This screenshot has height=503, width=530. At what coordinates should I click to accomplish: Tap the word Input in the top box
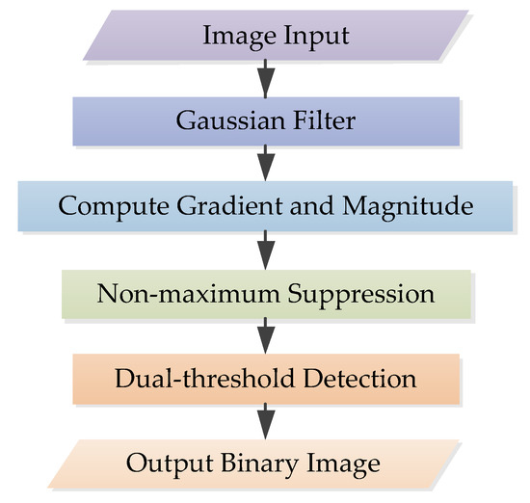click(x=305, y=37)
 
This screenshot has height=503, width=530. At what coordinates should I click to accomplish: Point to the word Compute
click(x=108, y=206)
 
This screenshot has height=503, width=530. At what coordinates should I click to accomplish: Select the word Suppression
click(x=354, y=292)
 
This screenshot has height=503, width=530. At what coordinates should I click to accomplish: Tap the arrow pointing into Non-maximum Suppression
click(x=266, y=250)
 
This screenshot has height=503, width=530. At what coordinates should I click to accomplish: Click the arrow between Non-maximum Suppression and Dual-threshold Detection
click(x=266, y=334)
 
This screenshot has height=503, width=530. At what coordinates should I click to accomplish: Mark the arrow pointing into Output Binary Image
click(x=266, y=420)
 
